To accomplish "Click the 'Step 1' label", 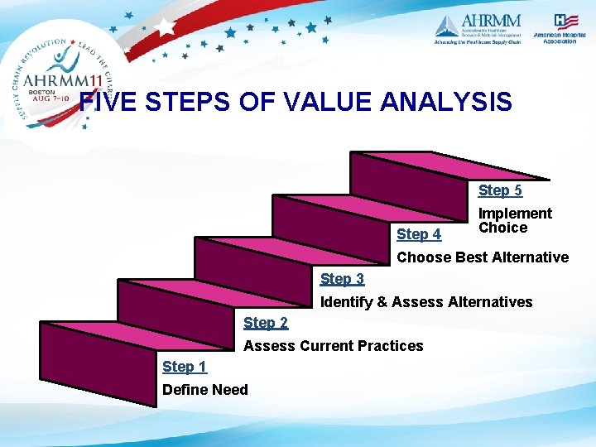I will pyautogui.click(x=185, y=367).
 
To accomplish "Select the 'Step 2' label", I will pyautogui.click(x=266, y=323).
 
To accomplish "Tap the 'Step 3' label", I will pyautogui.click(x=342, y=279).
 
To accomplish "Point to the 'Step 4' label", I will pyautogui.click(x=419, y=234).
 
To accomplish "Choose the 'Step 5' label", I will pyautogui.click(x=500, y=190).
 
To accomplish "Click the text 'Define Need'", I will pyautogui.click(x=204, y=389).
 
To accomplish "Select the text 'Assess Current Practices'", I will pyautogui.click(x=333, y=345).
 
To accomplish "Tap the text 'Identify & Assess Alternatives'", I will pyautogui.click(x=426, y=301).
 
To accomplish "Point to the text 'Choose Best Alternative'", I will pyautogui.click(x=483, y=257).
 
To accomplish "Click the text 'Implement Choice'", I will pyautogui.click(x=514, y=220).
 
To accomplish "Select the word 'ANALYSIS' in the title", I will pyautogui.click(x=446, y=103).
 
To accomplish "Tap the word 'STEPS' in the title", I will pyautogui.click(x=182, y=103).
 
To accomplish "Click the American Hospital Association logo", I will pyautogui.click(x=555, y=30).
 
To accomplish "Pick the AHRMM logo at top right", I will pyautogui.click(x=478, y=29).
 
